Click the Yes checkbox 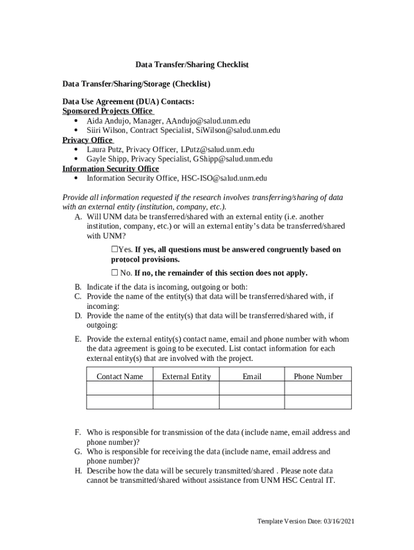115,249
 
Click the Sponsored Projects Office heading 108,111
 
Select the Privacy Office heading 87,140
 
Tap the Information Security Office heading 110,169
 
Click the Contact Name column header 119,377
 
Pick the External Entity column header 186,377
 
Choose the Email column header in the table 252,377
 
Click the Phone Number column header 318,377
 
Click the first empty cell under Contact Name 119,388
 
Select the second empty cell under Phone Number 318,402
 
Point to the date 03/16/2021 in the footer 339,522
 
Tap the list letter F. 78,432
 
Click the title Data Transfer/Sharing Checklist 191,65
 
